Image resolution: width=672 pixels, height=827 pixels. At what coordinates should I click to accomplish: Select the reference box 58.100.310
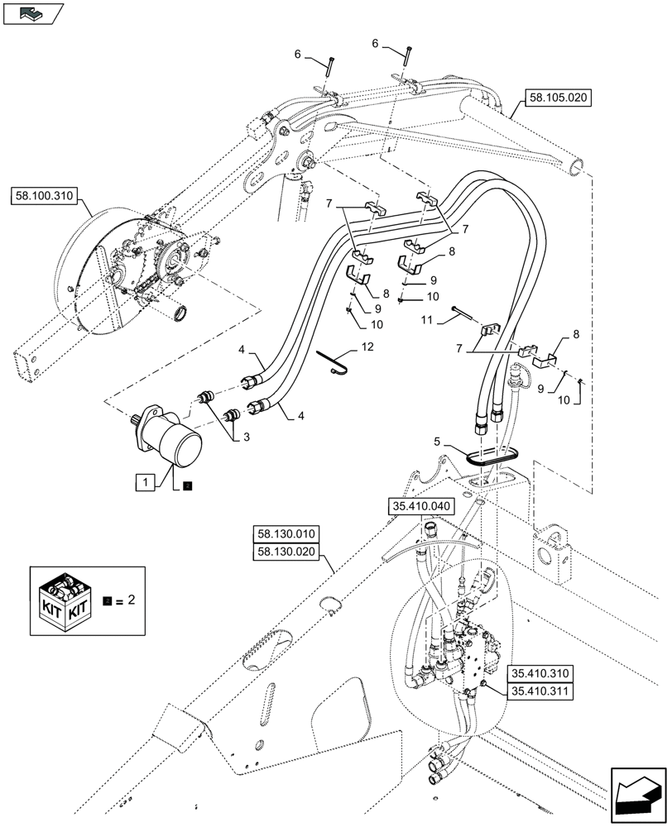click(x=44, y=197)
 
